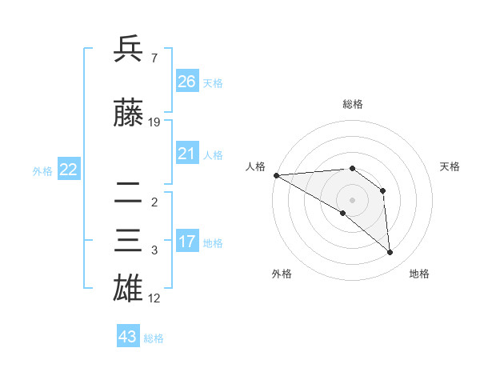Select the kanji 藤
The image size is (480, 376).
tap(128, 114)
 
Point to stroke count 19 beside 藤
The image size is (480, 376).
tap(154, 122)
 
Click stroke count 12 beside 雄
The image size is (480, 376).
tap(154, 298)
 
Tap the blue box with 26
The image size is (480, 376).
tap(187, 82)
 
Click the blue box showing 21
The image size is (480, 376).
tap(187, 154)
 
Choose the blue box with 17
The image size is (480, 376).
tap(187, 242)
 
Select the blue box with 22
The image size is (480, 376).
tap(68, 169)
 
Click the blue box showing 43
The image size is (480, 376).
tap(127, 337)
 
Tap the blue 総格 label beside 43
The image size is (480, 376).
tap(154, 338)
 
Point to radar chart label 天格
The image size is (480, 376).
tap(450, 166)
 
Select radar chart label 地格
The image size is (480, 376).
tap(419, 274)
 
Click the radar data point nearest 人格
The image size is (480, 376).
tap(276, 175)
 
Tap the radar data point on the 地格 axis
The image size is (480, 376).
tap(390, 253)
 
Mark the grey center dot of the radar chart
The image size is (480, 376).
tap(351, 198)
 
